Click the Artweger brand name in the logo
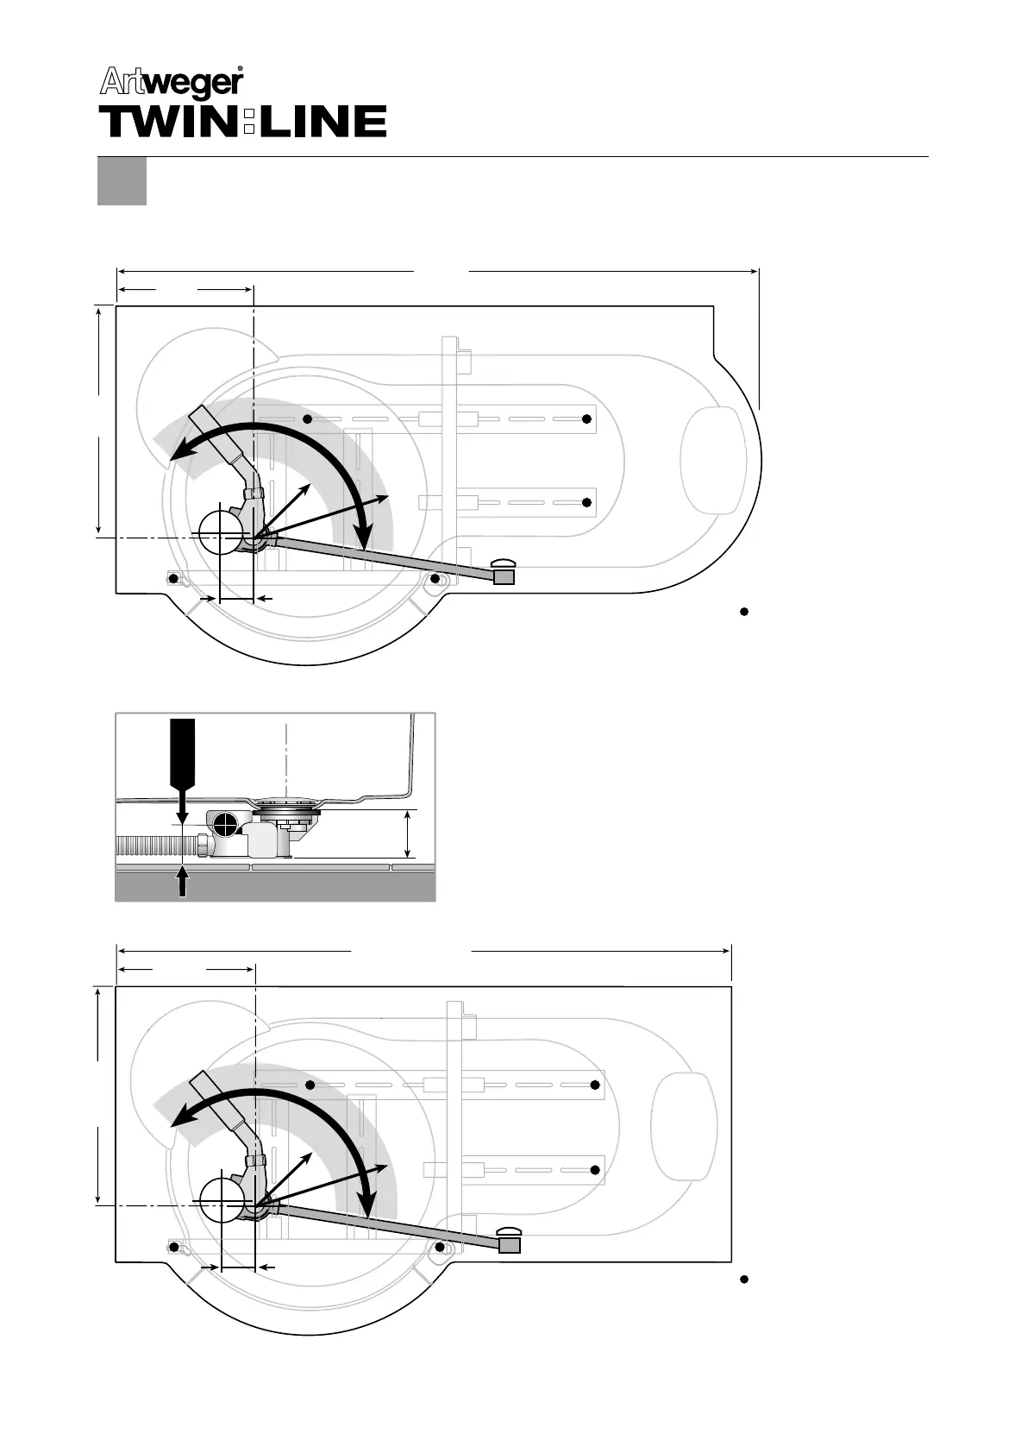[172, 83]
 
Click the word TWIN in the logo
[169, 123]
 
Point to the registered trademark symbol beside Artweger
[240, 69]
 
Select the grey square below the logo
[122, 180]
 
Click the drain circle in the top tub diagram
[222, 533]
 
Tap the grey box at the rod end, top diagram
[504, 577]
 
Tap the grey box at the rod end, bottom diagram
[510, 1245]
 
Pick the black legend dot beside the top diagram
[742, 612]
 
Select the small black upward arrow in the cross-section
[182, 882]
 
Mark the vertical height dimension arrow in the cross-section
[408, 833]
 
